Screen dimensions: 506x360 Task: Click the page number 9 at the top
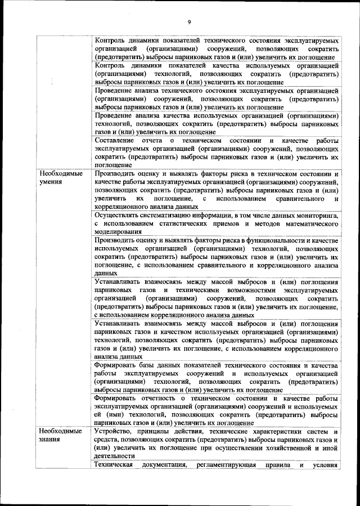click(x=189, y=22)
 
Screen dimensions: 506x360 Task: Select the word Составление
click(x=115, y=140)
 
